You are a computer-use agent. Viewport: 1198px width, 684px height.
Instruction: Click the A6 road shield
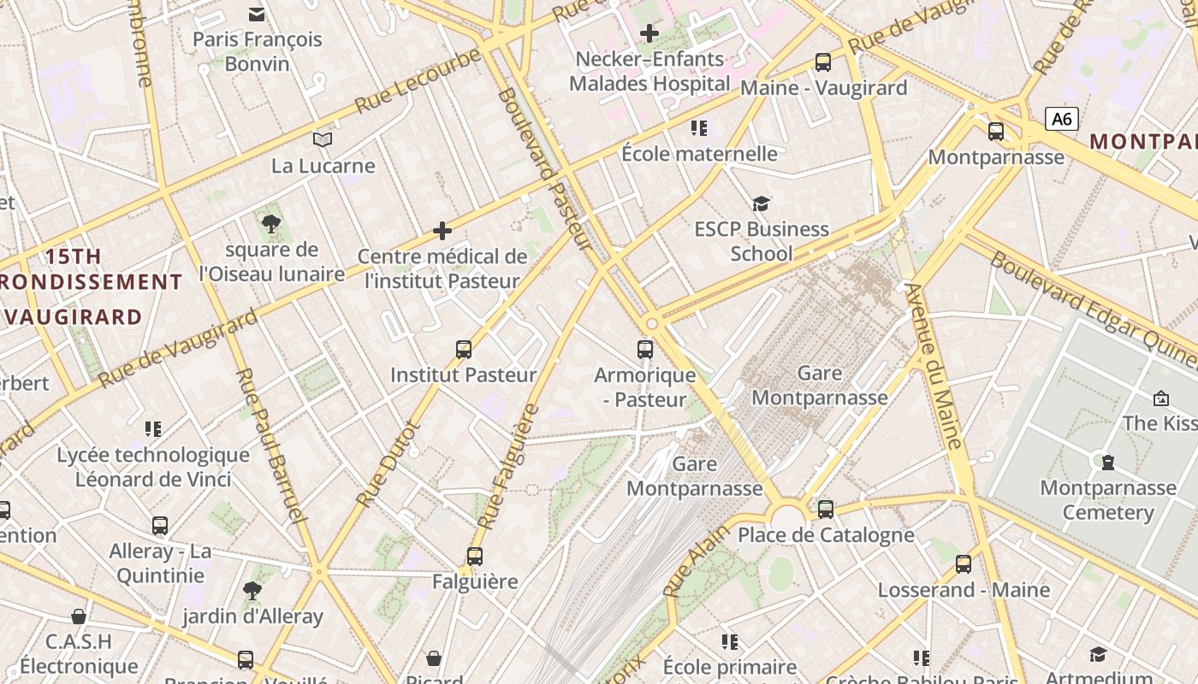click(1061, 119)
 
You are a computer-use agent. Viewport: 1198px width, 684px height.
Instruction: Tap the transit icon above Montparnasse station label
click(996, 132)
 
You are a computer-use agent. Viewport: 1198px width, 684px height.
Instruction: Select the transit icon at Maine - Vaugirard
click(822, 62)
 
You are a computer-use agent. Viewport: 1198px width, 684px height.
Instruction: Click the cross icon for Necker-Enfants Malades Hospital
click(649, 34)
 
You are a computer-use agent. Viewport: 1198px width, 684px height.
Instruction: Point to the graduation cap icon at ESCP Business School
click(761, 203)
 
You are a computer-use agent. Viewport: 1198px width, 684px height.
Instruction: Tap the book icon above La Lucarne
click(323, 139)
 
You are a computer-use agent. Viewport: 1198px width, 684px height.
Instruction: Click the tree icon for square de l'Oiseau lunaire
click(271, 225)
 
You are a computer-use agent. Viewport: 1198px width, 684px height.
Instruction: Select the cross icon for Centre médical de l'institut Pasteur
click(442, 231)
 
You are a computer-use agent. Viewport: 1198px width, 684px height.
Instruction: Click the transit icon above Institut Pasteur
click(464, 349)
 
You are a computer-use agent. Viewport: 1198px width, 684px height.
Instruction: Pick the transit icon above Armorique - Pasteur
click(645, 349)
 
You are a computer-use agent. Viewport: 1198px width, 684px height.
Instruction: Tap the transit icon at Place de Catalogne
click(826, 510)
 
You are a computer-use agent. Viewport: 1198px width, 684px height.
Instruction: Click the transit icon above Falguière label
click(475, 556)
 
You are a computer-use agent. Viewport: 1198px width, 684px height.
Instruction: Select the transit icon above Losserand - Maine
click(964, 564)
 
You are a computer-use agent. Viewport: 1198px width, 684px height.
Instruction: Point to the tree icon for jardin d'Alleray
click(252, 590)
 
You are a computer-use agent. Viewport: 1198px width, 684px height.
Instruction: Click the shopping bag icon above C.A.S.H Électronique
click(79, 616)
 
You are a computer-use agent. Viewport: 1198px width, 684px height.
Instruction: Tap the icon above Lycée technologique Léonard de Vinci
click(153, 428)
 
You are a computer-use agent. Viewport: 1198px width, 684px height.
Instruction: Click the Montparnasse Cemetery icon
click(1108, 463)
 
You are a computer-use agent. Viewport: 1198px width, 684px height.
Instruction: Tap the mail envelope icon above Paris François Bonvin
click(257, 14)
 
